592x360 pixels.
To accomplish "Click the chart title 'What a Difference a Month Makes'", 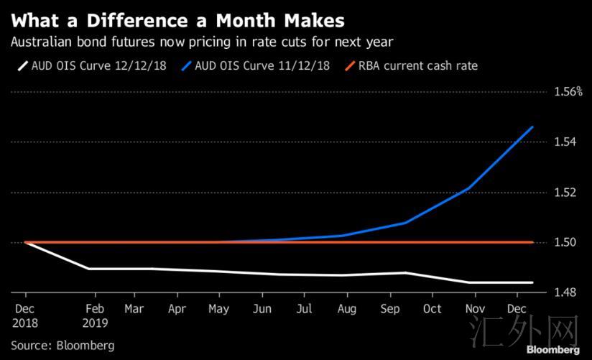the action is tap(178, 21).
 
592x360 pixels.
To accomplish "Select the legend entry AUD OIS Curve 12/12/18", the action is tap(92, 66).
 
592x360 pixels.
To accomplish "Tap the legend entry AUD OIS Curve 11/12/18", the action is tap(256, 66).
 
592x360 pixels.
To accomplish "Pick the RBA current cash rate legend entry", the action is tap(411, 66).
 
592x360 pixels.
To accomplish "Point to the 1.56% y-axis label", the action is tap(568, 92).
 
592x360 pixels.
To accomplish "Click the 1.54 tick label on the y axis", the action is tap(565, 142).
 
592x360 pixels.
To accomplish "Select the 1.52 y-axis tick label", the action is tap(565, 193).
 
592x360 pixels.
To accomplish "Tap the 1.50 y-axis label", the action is tap(565, 242).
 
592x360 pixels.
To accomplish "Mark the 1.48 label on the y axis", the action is tap(565, 292).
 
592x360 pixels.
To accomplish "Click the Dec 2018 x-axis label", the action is tap(25, 315).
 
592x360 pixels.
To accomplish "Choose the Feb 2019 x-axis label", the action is tap(95, 315).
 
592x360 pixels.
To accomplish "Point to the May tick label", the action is tap(219, 310).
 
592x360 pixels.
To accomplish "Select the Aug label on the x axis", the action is tap(347, 310).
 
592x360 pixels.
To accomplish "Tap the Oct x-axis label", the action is tap(433, 309).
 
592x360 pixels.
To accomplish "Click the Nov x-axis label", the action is tap(475, 309).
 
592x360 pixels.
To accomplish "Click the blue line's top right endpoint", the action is tap(532, 127).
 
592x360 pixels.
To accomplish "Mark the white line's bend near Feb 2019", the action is tap(88, 269).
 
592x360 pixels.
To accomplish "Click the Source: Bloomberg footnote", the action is tap(63, 346).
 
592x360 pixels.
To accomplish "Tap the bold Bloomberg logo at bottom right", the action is tap(553, 350).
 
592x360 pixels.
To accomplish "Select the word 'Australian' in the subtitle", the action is tap(41, 42).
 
